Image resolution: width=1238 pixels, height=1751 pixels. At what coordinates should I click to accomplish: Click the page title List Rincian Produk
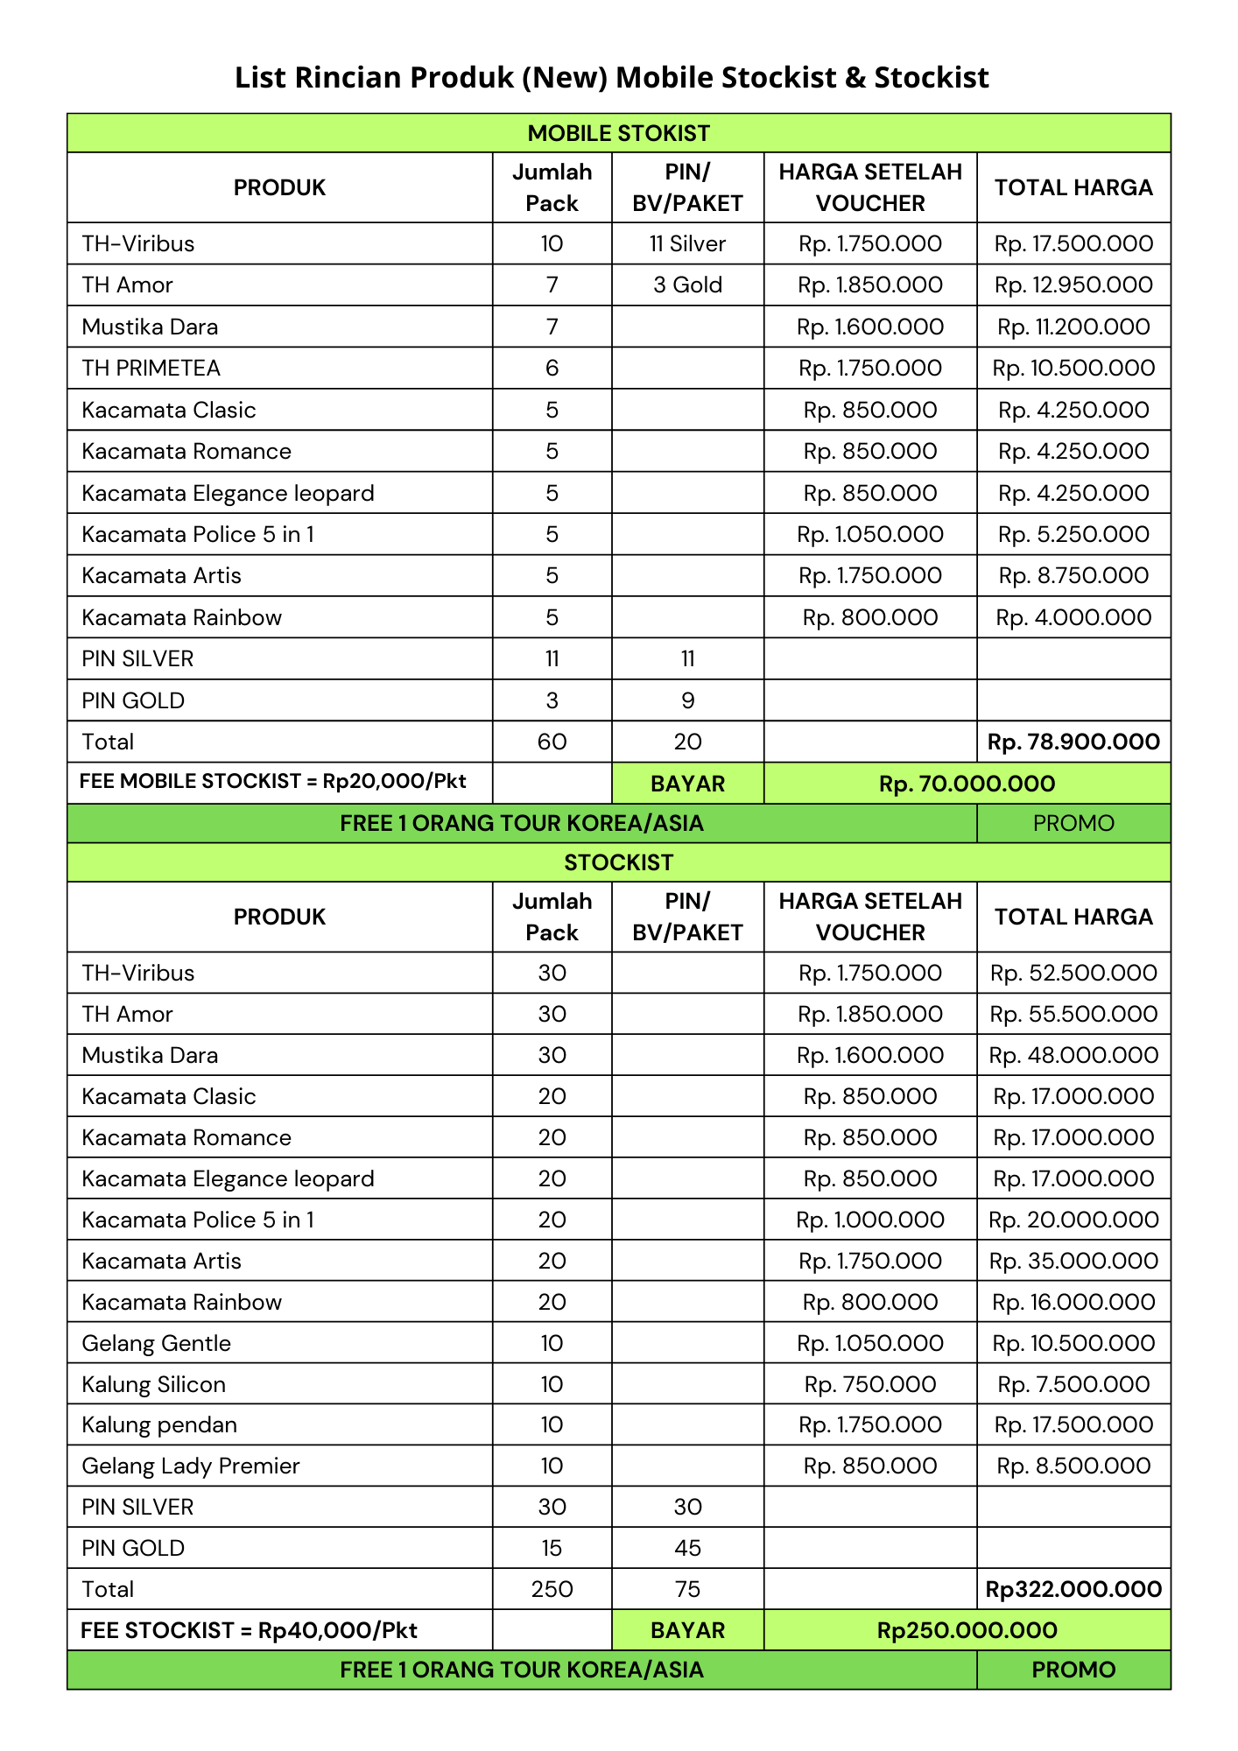[x=611, y=78]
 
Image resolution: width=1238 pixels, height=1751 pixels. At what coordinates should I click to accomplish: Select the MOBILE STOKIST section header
[x=618, y=133]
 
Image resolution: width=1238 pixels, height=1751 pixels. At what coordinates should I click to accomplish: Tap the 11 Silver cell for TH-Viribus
[x=687, y=243]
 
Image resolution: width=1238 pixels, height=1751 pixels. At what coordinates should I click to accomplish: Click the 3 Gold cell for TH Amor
[x=687, y=285]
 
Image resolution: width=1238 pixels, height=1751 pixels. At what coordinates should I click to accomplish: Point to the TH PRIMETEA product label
[x=151, y=368]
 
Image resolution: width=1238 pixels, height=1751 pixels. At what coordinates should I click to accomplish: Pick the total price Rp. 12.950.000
[x=1073, y=285]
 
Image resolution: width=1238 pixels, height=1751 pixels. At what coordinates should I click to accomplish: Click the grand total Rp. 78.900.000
[x=1073, y=742]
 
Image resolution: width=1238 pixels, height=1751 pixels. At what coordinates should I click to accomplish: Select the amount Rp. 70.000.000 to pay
[x=967, y=784]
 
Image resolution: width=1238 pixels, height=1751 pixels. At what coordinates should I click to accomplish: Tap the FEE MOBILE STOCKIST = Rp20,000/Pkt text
[x=272, y=781]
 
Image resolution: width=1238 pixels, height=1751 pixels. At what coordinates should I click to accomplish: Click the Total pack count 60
[x=552, y=742]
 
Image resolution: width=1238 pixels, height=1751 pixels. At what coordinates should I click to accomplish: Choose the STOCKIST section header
[x=618, y=862]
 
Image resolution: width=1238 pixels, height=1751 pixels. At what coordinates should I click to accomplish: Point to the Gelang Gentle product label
[x=156, y=1343]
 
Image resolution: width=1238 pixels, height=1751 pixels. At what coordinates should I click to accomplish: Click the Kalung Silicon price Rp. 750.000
[x=870, y=1384]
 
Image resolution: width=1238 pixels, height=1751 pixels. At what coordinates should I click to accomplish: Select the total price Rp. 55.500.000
[x=1073, y=1014]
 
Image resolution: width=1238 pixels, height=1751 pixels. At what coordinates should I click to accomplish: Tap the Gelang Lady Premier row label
[x=190, y=1466]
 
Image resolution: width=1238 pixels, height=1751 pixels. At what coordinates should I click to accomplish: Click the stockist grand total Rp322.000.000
[x=1073, y=1589]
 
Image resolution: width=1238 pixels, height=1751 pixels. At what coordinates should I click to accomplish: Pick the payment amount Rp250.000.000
[x=967, y=1630]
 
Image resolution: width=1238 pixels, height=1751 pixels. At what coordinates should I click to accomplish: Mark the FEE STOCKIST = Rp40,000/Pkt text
[x=249, y=1630]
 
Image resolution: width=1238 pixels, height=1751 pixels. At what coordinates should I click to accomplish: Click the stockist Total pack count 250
[x=552, y=1589]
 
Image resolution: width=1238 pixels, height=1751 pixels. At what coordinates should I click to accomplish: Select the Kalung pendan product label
[x=159, y=1424]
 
